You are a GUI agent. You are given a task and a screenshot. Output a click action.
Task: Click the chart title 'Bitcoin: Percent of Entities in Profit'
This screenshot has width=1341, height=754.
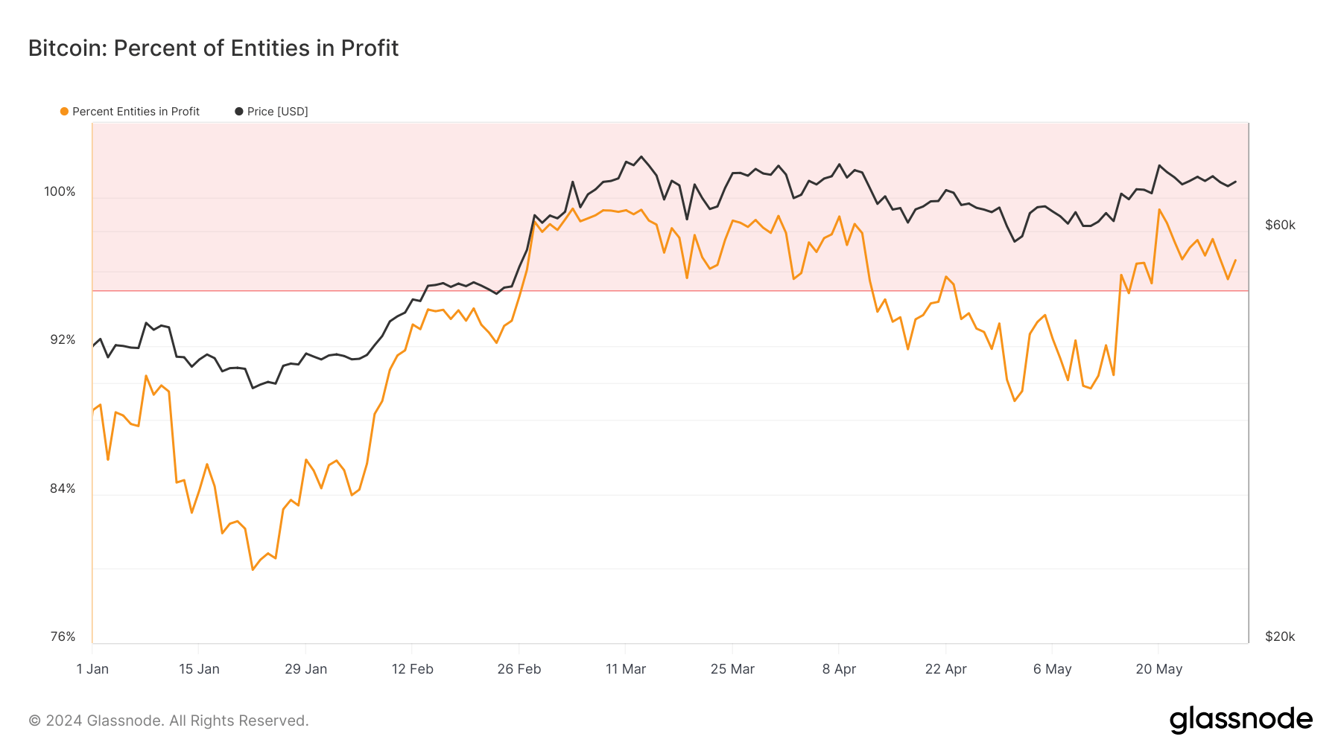tap(213, 48)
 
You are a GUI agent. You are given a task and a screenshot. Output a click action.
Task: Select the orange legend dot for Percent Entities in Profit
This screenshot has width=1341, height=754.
tap(64, 112)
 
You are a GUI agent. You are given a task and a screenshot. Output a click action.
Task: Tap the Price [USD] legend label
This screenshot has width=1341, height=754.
tap(277, 112)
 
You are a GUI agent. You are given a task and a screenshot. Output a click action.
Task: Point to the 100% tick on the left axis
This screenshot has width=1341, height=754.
tap(60, 192)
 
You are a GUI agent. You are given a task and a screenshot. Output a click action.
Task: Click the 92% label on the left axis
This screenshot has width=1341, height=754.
tap(63, 340)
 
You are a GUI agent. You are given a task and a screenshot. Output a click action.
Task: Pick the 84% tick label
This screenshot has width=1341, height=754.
tap(63, 489)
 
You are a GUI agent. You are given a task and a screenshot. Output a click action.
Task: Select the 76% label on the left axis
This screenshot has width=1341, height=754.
tap(63, 637)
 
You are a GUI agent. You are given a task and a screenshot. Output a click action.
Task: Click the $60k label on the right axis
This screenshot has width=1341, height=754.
tap(1280, 226)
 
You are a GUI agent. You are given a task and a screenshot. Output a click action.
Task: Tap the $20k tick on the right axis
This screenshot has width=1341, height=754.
tap(1280, 637)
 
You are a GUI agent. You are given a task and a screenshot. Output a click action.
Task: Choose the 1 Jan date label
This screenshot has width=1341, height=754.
tap(92, 669)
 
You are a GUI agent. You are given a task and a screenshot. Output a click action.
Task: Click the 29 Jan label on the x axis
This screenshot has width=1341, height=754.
tap(305, 669)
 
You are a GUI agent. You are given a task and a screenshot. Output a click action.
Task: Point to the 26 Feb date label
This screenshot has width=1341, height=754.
tap(519, 669)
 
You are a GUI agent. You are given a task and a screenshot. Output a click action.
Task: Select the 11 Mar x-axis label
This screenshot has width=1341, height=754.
tap(626, 669)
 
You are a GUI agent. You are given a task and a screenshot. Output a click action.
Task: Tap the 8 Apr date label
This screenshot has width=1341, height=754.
tap(839, 669)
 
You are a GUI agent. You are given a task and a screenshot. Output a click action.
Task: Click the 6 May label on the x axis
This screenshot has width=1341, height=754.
tap(1052, 669)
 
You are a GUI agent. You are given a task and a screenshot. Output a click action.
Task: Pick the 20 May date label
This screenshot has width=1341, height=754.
tap(1158, 669)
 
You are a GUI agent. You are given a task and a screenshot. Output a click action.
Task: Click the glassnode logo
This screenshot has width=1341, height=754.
tap(1240, 720)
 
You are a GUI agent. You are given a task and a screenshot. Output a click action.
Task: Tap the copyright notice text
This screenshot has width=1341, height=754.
tap(168, 721)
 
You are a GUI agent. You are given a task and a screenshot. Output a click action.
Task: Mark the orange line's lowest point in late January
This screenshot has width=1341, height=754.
tap(253, 569)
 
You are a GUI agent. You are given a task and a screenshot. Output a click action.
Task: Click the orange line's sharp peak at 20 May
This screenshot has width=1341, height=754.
tap(1159, 210)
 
